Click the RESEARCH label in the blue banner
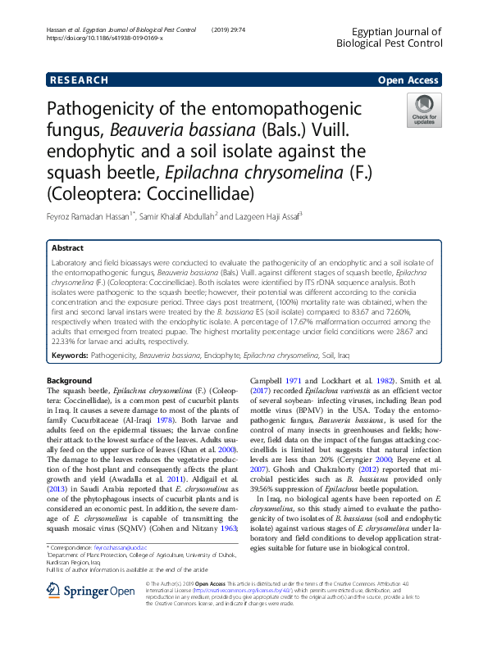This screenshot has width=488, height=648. (79, 80)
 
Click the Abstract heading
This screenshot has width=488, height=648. (67, 247)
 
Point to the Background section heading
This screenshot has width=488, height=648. (70, 381)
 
